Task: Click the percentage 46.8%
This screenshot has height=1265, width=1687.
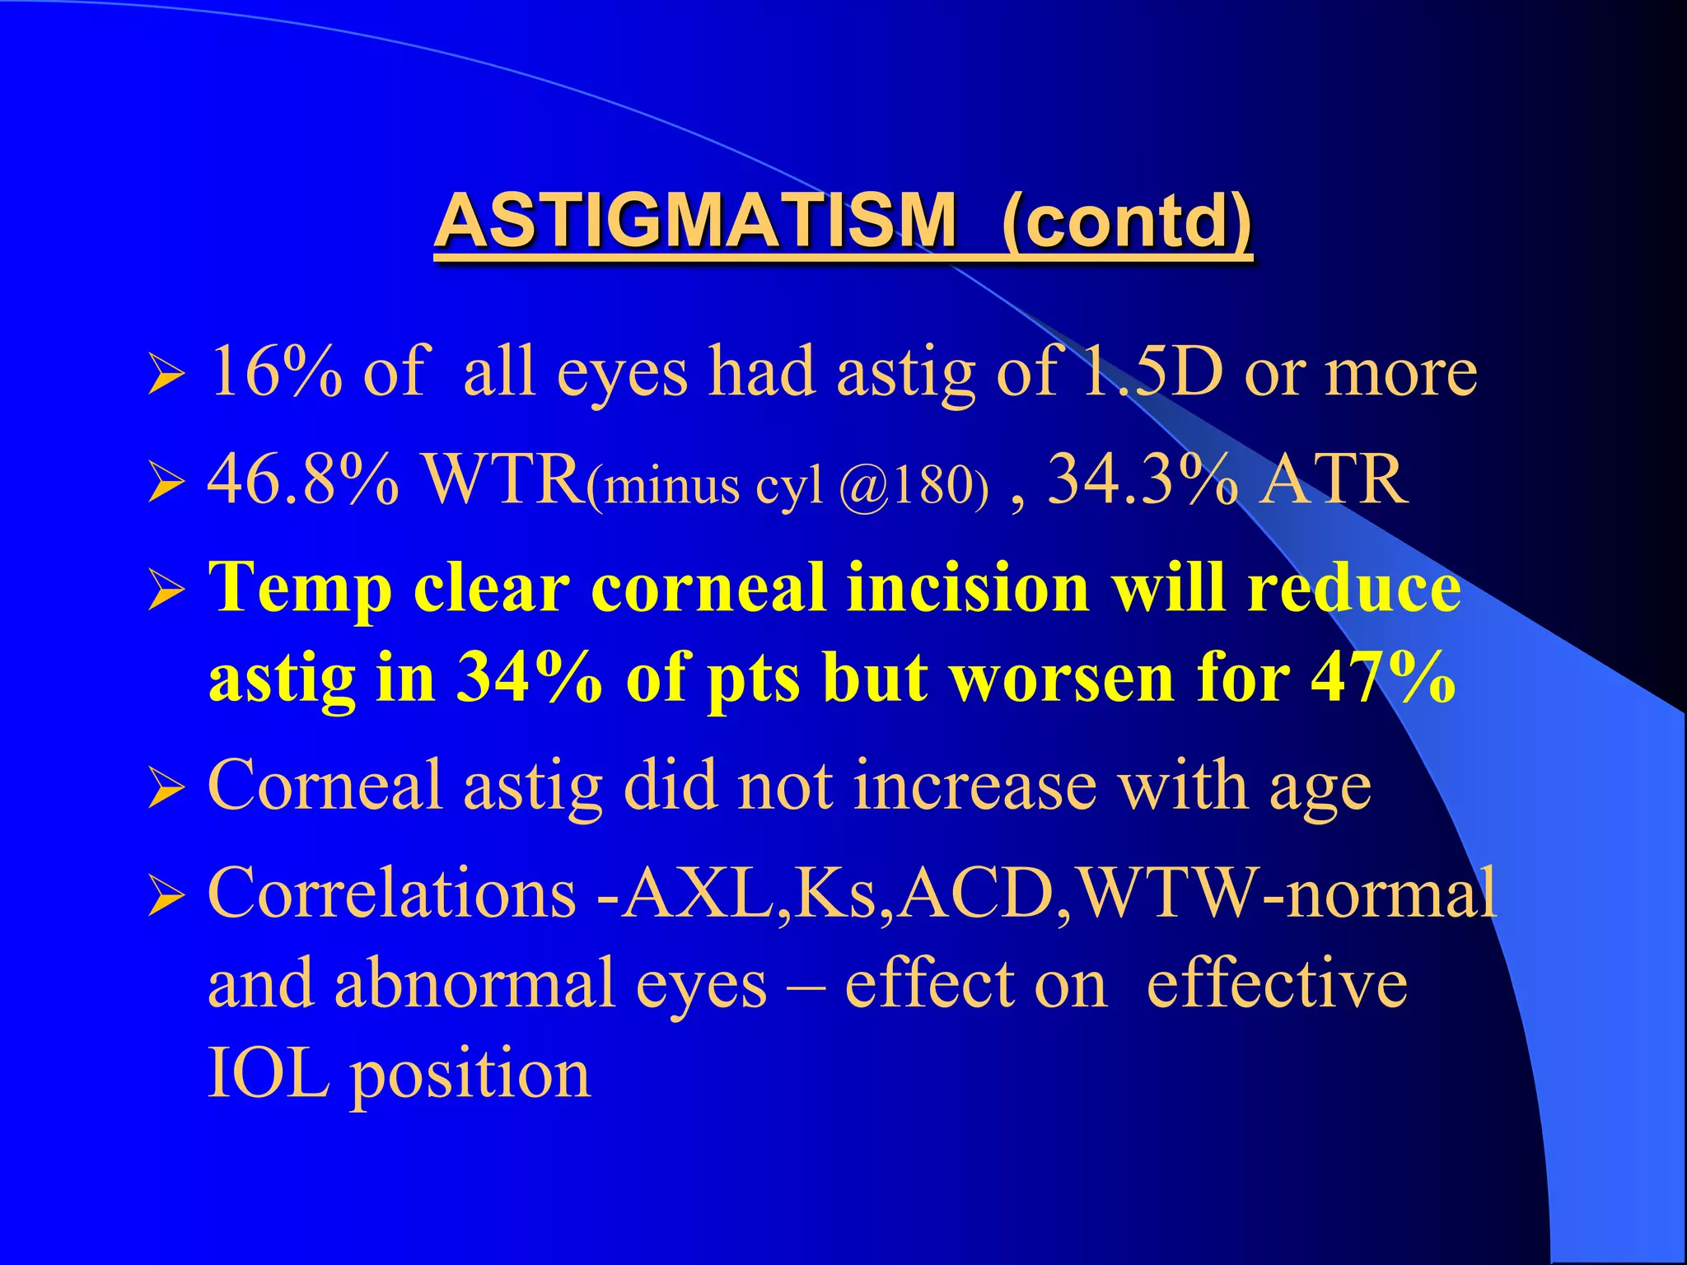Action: click(x=303, y=480)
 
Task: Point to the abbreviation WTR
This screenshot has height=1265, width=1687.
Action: click(x=502, y=480)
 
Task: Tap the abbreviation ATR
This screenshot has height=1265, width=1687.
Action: click(x=1334, y=480)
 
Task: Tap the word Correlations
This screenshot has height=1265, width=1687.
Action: click(x=392, y=894)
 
